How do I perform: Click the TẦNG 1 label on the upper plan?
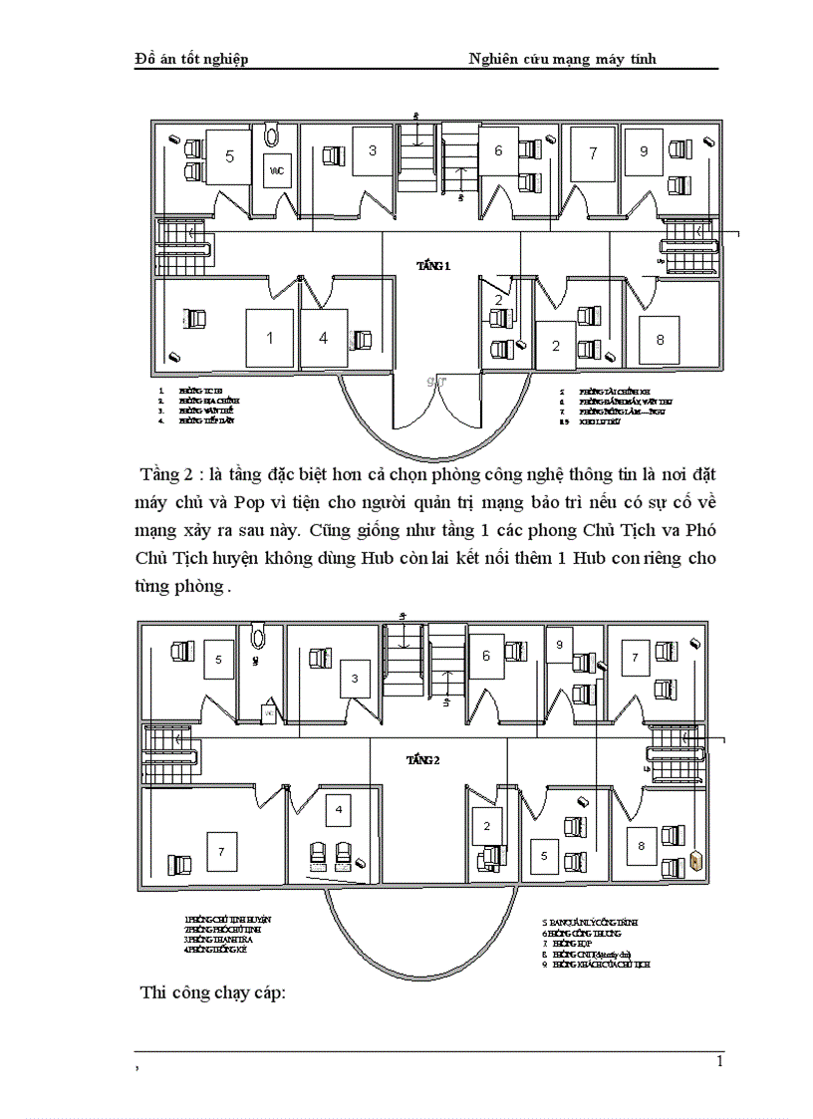click(433, 266)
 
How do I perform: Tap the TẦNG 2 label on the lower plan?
click(422, 761)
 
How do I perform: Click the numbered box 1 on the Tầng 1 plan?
click(270, 338)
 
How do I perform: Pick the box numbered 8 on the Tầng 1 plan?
click(659, 339)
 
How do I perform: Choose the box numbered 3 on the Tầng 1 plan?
click(373, 152)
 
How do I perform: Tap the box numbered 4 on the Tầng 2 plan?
click(339, 812)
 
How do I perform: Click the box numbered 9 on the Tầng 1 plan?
click(644, 152)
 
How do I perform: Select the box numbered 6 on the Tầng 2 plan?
click(486, 657)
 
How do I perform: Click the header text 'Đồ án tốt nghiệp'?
click(191, 59)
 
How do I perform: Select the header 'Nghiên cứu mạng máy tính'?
click(562, 59)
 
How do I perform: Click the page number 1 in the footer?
click(719, 1062)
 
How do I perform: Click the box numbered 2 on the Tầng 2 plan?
click(487, 826)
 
